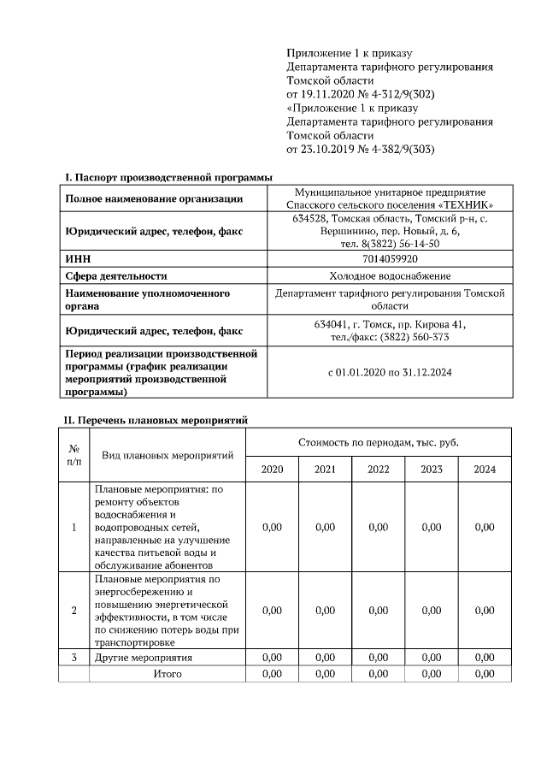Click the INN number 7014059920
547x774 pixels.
[389, 257]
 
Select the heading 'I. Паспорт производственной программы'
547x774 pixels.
[169, 177]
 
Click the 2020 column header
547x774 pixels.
[272, 470]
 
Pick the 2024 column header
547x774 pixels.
[484, 470]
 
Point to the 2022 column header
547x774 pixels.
[378, 470]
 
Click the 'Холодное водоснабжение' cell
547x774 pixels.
[389, 275]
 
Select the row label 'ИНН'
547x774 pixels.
[78, 257]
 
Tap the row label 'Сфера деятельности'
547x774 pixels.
[116, 275]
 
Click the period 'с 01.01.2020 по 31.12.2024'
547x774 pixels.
[389, 373]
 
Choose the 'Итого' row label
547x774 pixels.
[168, 674]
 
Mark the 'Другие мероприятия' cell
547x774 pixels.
[143, 658]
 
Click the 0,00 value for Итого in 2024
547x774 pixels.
[484, 674]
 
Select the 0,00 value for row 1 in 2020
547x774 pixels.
[272, 527]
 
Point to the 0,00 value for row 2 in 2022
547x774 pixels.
[378, 610]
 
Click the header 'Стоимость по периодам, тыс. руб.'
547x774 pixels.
[378, 442]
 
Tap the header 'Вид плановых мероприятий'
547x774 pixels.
[168, 455]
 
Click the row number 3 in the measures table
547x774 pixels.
[74, 658]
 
